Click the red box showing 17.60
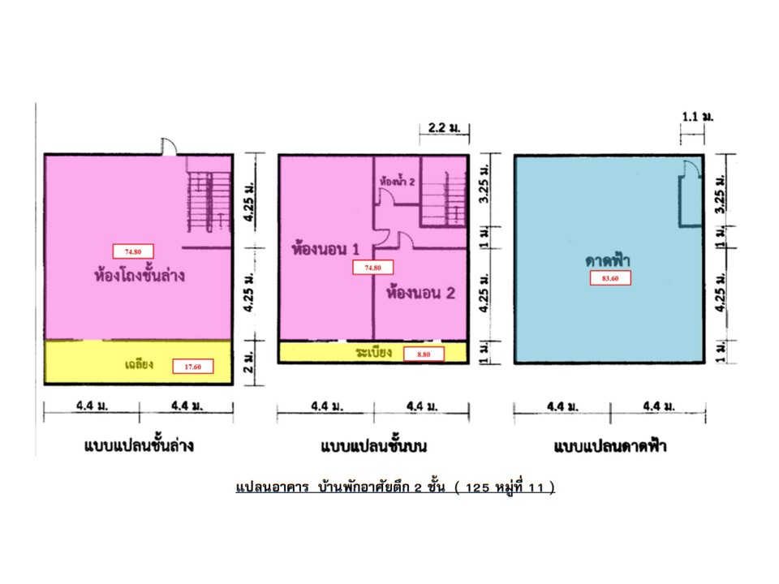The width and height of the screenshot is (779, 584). [x=193, y=367]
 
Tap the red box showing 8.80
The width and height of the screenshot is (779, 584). [x=424, y=354]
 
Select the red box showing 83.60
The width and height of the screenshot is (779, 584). [x=610, y=278]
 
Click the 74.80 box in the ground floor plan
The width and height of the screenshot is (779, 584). [x=133, y=251]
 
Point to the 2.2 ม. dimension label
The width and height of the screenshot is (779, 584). [x=444, y=127]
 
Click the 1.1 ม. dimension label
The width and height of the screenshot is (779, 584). [x=698, y=117]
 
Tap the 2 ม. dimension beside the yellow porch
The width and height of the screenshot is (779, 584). [x=248, y=363]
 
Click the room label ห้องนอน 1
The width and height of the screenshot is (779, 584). [x=325, y=249]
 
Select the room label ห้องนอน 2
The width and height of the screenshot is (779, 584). [x=421, y=293]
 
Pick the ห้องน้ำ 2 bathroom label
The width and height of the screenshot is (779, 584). [x=397, y=182]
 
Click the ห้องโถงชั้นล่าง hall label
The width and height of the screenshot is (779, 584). [x=140, y=275]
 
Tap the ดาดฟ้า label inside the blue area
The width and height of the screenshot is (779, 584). [x=608, y=260]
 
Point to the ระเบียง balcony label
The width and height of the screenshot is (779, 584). [x=373, y=352]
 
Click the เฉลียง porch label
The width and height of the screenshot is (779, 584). [x=139, y=364]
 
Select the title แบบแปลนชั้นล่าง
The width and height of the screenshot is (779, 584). [x=139, y=445]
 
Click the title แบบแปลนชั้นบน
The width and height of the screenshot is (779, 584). [x=373, y=446]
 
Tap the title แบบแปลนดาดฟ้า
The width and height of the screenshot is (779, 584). [x=610, y=446]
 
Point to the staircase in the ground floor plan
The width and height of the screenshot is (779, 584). [x=209, y=201]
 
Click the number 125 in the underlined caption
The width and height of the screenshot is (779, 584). [x=477, y=487]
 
